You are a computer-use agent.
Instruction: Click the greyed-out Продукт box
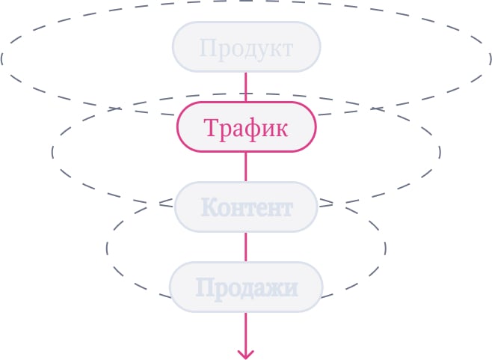coord(246,47)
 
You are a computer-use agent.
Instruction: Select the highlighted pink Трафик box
coord(246,127)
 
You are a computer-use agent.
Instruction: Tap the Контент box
coord(246,207)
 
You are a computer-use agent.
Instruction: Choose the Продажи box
coord(246,287)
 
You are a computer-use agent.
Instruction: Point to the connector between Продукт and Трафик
coord(246,87)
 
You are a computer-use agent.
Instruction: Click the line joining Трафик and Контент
coord(246,167)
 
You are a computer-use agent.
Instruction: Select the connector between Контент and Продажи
coord(246,246)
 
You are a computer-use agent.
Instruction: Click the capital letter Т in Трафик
coord(211,127)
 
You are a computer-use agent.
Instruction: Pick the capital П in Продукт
coord(207,49)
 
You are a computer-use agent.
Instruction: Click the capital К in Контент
coord(209,207)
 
